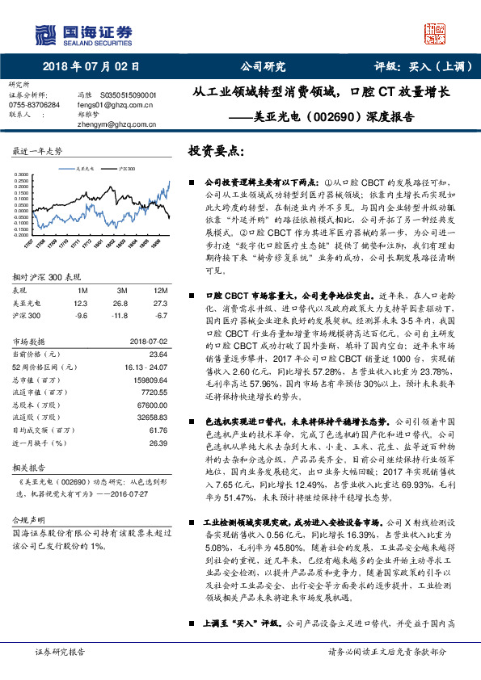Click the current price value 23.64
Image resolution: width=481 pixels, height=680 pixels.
158,354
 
